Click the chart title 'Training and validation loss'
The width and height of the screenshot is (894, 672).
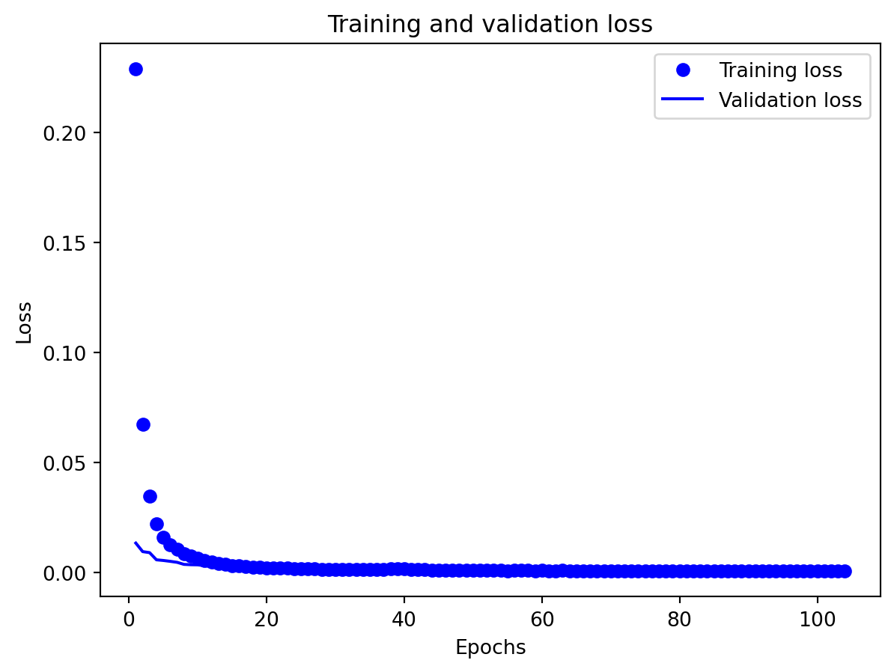tap(490, 25)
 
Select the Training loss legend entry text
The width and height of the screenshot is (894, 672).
tap(780, 71)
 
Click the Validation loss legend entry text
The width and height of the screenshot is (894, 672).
tap(790, 100)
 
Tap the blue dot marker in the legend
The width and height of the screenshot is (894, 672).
tap(682, 71)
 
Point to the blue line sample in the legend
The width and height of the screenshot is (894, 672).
tap(682, 100)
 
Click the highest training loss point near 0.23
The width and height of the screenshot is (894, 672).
tap(136, 70)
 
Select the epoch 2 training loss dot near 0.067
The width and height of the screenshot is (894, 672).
tap(143, 425)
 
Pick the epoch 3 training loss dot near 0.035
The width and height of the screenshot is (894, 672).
tap(150, 496)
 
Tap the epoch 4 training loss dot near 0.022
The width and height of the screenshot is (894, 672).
tap(156, 524)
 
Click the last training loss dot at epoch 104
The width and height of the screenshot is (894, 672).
tap(845, 571)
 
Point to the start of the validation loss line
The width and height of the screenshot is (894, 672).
tap(136, 543)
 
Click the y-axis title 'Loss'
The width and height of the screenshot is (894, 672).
tap(25, 322)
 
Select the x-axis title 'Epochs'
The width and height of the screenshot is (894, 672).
tap(490, 648)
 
